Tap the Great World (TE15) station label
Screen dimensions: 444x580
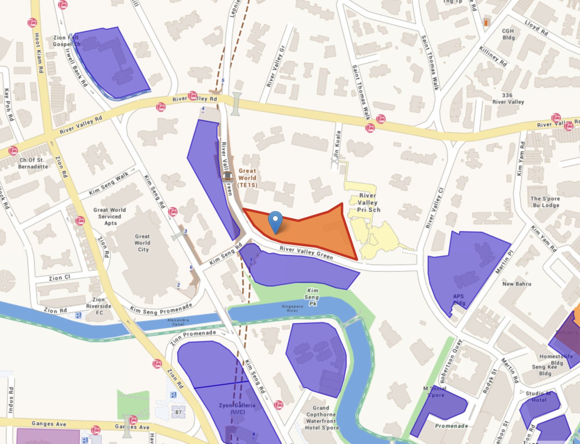click(x=247, y=178)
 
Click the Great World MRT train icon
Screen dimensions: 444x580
click(x=227, y=177)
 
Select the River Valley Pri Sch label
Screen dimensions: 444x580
click(x=368, y=202)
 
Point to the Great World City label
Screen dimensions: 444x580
click(x=142, y=243)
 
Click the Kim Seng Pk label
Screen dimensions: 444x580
click(x=312, y=297)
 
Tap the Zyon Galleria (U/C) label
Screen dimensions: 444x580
click(x=237, y=408)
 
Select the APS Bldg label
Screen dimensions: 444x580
click(x=459, y=300)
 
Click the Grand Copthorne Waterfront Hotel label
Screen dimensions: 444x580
click(x=321, y=418)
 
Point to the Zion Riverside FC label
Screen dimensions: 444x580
click(x=99, y=306)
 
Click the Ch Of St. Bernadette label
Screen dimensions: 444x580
click(x=33, y=163)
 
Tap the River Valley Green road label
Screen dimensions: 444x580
click(x=306, y=253)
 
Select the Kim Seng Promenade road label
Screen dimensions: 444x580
click(x=161, y=309)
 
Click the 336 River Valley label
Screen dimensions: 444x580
click(x=508, y=98)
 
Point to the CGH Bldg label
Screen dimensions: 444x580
click(x=508, y=34)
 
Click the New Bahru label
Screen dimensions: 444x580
click(x=517, y=284)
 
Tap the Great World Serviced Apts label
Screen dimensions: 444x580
click(x=110, y=216)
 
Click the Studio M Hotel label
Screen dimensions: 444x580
click(x=538, y=396)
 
